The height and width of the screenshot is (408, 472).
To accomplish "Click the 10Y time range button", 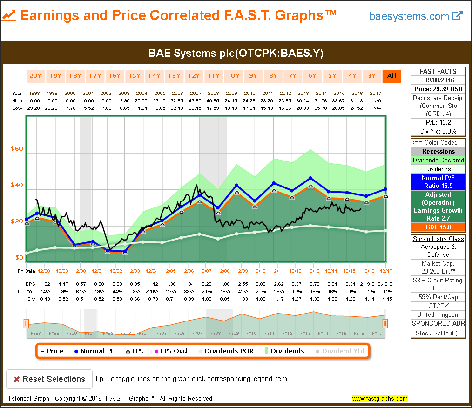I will click(233, 76).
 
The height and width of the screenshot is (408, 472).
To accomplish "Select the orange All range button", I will click(391, 76).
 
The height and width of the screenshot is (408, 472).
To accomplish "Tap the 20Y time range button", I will click(35, 76).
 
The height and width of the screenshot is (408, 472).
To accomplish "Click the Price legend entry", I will click(52, 351).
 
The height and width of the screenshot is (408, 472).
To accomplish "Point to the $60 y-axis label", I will click(17, 149).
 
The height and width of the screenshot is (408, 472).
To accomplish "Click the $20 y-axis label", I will click(17, 221).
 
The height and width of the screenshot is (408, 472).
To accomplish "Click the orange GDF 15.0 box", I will click(438, 227).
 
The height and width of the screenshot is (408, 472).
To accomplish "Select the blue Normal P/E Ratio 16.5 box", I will click(438, 182).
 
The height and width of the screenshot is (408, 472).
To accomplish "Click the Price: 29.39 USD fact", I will click(438, 88).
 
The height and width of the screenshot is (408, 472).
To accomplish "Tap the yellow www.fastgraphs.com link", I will click(379, 399).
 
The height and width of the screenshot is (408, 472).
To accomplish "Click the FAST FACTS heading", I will click(438, 71).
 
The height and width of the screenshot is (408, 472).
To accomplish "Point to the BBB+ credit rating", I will click(438, 288).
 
